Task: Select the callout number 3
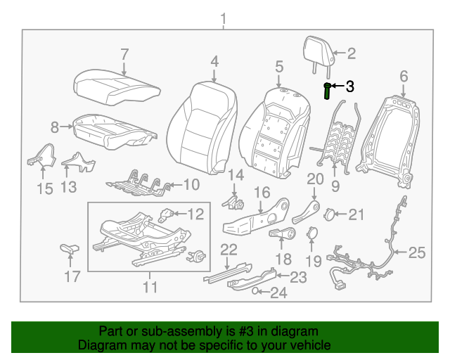(x=349, y=86)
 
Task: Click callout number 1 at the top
(x=224, y=18)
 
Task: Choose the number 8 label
(x=54, y=127)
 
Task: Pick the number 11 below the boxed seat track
(x=149, y=288)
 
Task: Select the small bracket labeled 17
(x=70, y=249)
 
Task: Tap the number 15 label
(x=44, y=188)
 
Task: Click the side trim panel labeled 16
(x=257, y=218)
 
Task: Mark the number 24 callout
(x=278, y=293)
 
